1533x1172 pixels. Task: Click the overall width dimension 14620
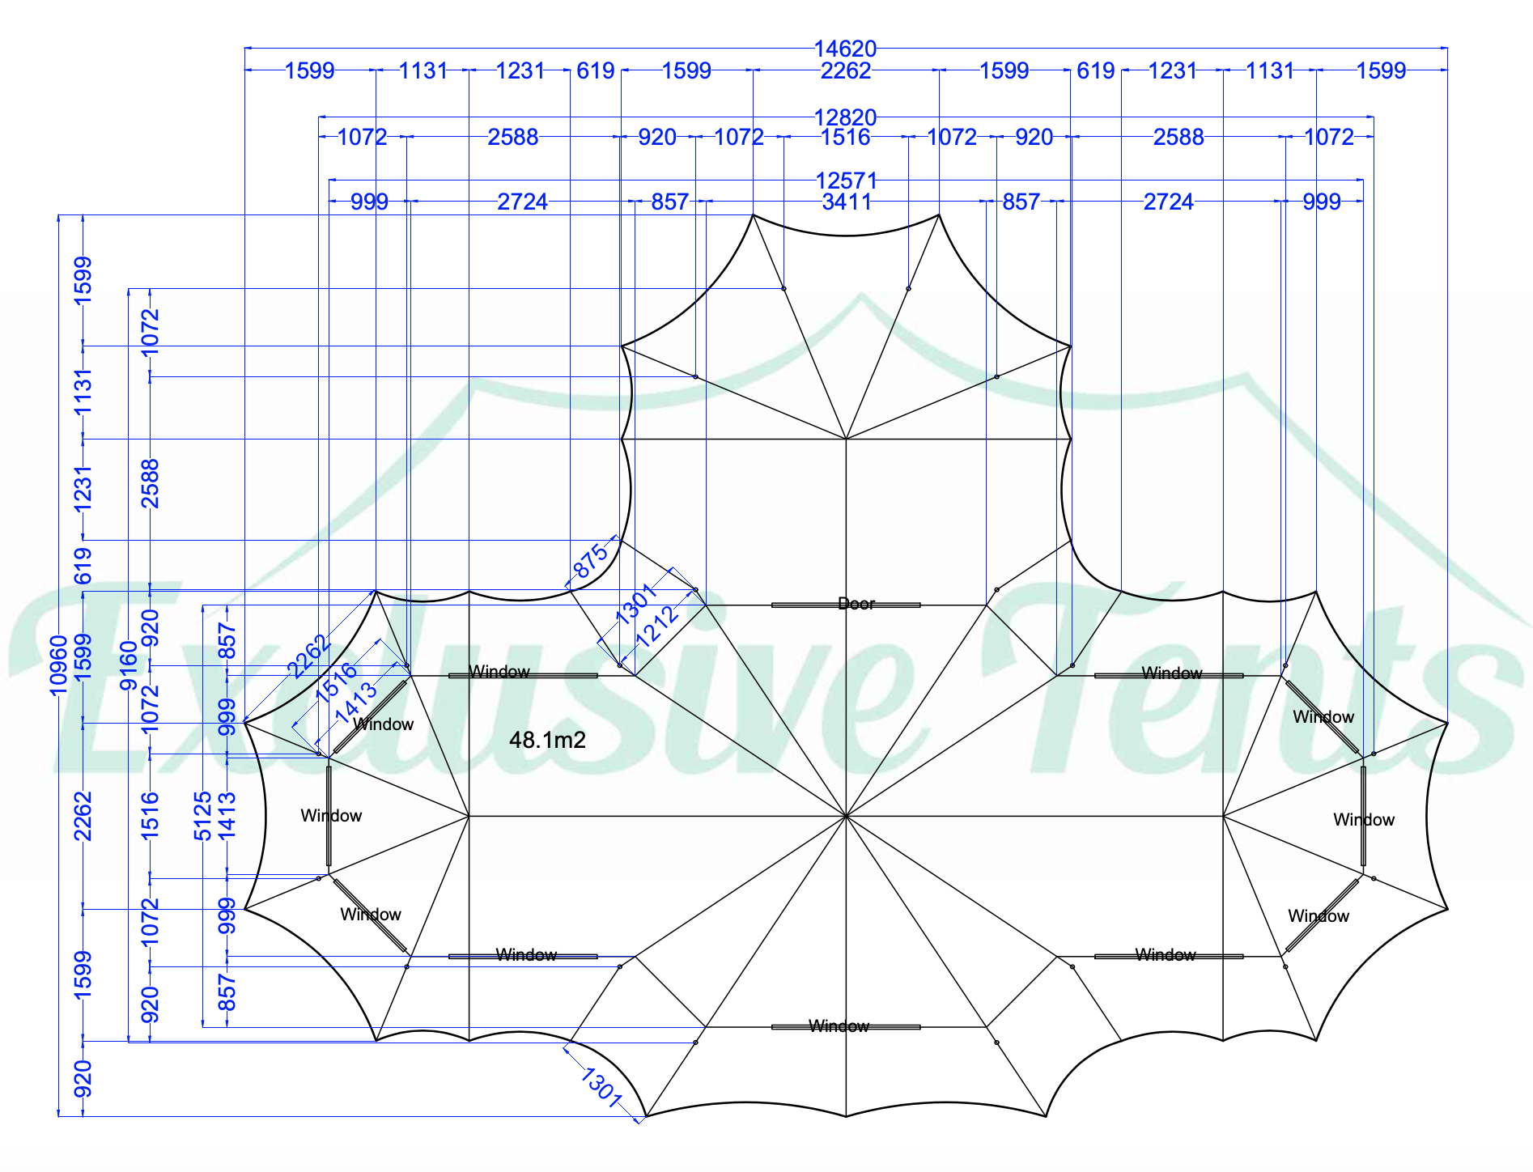pos(845,49)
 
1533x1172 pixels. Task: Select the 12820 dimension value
pos(845,117)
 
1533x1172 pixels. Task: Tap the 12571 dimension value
pos(846,180)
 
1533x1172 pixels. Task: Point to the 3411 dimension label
pos(847,202)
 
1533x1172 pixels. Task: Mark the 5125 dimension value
pos(202,816)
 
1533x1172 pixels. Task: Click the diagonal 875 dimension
pos(591,560)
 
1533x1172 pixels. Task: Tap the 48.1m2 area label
pos(547,740)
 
